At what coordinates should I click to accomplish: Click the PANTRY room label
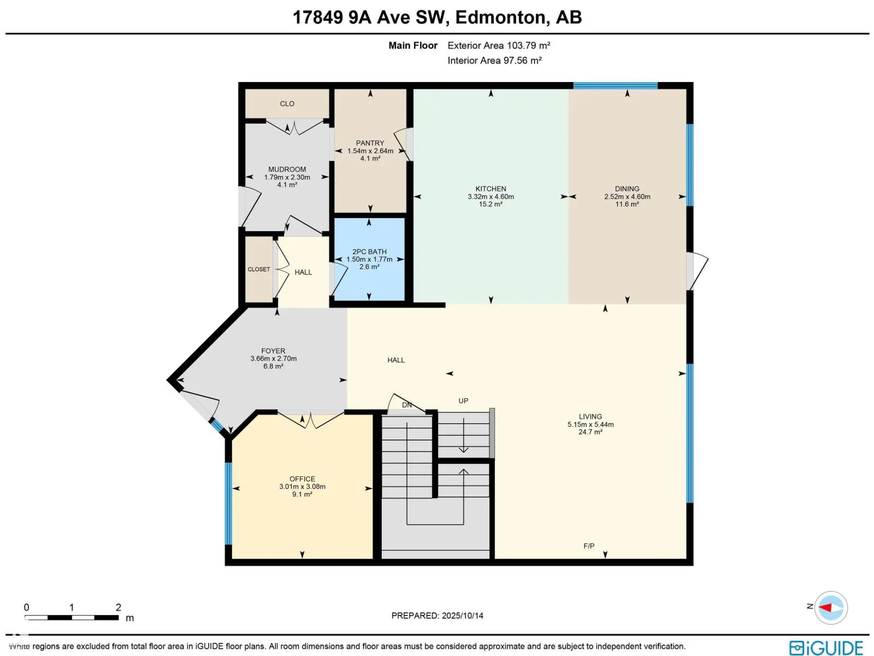[x=370, y=143]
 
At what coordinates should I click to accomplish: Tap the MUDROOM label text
[x=287, y=169]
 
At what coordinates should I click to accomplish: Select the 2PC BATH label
[x=369, y=251]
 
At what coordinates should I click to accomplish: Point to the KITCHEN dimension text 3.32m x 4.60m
[x=491, y=196]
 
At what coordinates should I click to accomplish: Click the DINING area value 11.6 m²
[x=627, y=204]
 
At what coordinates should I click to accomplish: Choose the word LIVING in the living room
[x=590, y=417]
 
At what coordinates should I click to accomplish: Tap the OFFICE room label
[x=302, y=479]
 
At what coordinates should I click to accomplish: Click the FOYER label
[x=273, y=351]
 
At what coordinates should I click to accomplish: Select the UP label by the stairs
[x=463, y=401]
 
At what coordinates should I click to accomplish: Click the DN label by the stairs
[x=406, y=405]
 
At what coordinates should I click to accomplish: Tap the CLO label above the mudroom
[x=287, y=103]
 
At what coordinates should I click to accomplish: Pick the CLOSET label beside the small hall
[x=259, y=270]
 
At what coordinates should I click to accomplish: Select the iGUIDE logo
[x=826, y=648]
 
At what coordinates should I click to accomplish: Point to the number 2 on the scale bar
[x=118, y=607]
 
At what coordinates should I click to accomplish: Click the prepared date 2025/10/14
[x=462, y=616]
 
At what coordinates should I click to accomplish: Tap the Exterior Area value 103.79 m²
[x=528, y=45]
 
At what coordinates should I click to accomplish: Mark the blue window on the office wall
[x=228, y=503]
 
